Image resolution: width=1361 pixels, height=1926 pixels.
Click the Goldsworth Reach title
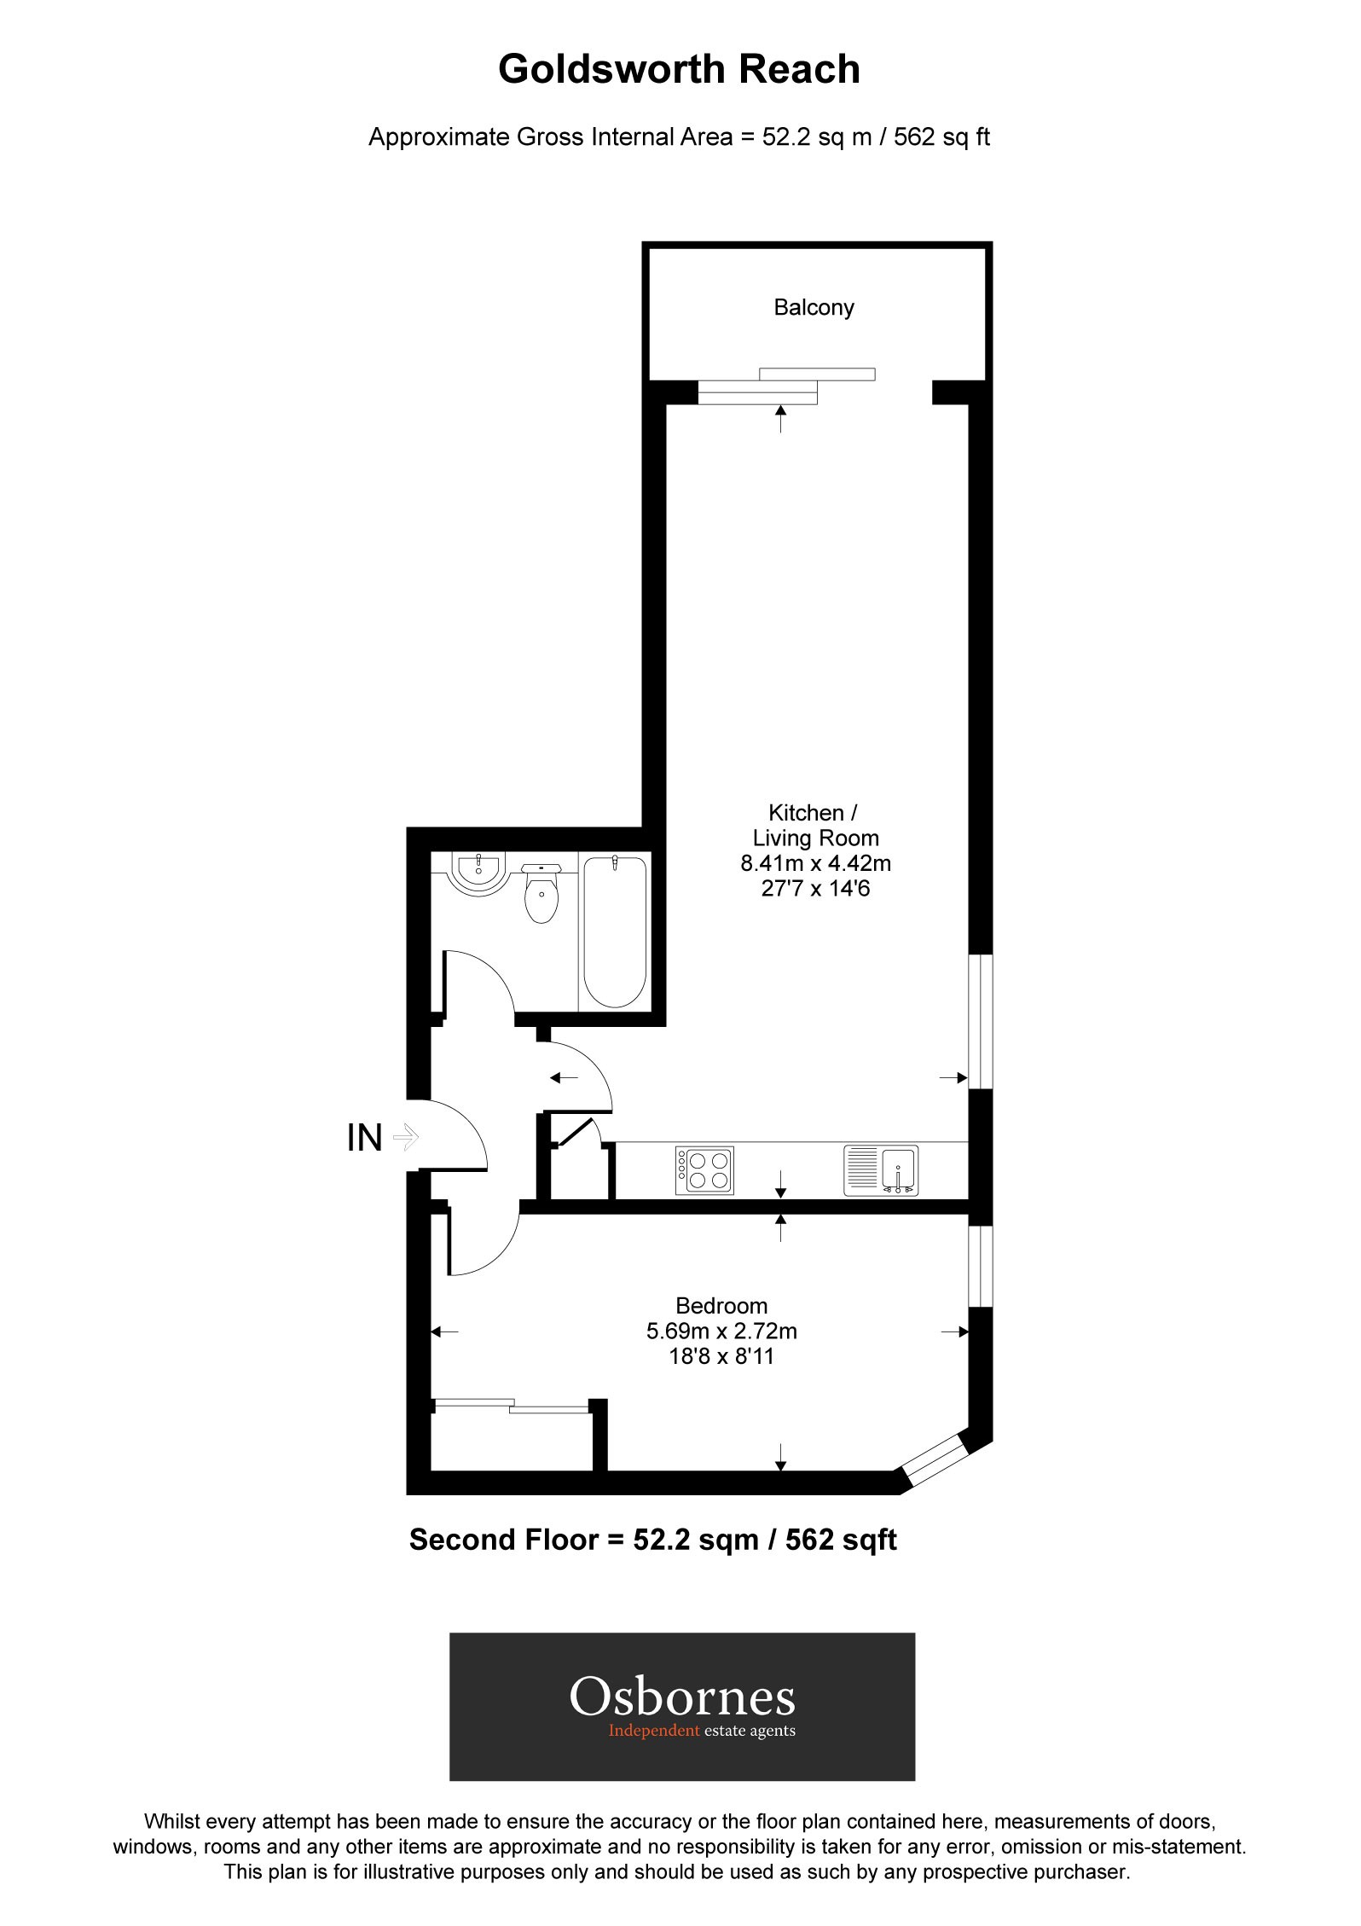679,70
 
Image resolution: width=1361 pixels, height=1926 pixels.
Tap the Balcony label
814,308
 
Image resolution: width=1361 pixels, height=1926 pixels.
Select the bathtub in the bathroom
614,931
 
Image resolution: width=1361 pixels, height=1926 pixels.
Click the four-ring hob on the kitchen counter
704,1170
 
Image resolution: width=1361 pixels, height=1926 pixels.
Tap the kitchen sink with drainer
881,1170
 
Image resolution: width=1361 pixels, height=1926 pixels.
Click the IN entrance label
364,1138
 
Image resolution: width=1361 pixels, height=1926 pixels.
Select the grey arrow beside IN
406,1137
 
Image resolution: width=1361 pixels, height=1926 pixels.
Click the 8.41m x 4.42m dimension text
815,864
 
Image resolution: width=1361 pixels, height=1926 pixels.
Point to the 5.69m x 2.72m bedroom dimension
721,1331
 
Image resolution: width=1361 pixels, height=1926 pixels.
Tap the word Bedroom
721,1306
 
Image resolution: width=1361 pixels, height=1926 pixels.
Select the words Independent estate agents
701,1732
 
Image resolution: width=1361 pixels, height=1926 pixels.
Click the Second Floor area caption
652,1540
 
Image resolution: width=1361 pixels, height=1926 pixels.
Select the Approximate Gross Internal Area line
679,137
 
